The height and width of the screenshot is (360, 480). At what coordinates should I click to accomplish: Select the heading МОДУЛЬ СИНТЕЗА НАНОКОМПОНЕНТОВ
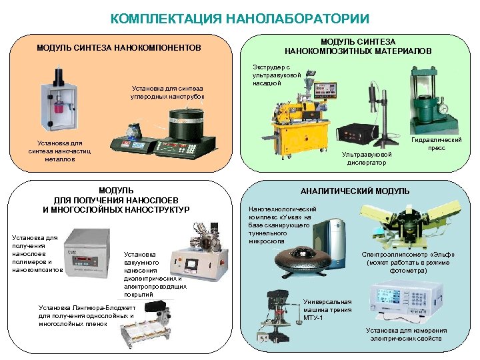(119, 49)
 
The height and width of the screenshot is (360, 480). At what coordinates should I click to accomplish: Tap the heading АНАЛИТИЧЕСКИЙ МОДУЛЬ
(355, 191)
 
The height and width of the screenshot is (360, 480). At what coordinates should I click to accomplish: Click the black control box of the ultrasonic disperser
(361, 134)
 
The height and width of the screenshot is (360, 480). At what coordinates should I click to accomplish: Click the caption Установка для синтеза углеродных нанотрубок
(167, 92)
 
